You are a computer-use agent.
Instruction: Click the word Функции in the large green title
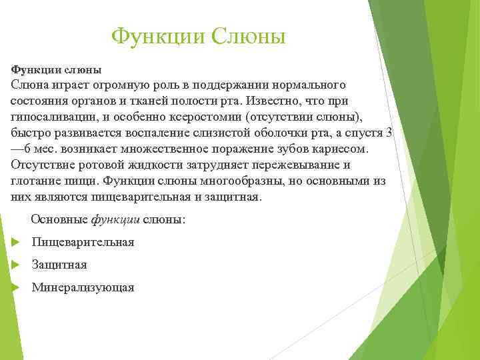point(158,36)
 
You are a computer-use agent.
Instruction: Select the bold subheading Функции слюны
point(56,69)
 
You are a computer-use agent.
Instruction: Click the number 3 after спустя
point(389,133)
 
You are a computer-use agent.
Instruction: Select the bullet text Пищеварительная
point(83,242)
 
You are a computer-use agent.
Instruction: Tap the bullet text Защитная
point(59,265)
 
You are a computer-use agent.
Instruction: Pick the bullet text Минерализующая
point(83,287)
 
